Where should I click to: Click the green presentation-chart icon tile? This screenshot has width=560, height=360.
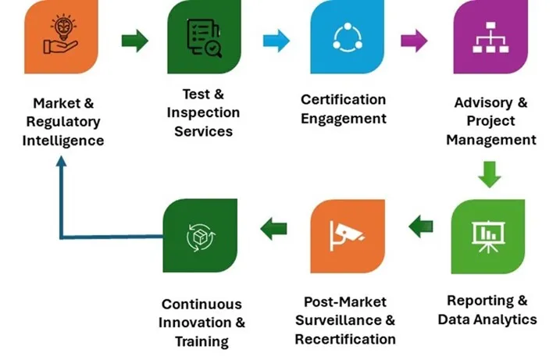click(x=488, y=235)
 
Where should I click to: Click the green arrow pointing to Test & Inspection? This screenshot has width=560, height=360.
click(x=134, y=41)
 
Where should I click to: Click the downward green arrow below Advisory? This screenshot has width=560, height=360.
click(x=490, y=174)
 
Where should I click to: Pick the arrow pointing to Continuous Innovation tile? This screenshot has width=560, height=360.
click(x=273, y=229)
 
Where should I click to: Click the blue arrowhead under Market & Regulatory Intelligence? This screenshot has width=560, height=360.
click(x=62, y=162)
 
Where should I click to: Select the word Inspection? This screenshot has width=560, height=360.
click(x=203, y=112)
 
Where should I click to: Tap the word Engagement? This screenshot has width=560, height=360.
click(x=344, y=119)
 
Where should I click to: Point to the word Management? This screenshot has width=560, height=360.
click(x=490, y=140)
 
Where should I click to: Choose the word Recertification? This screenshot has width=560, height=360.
click(x=345, y=339)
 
